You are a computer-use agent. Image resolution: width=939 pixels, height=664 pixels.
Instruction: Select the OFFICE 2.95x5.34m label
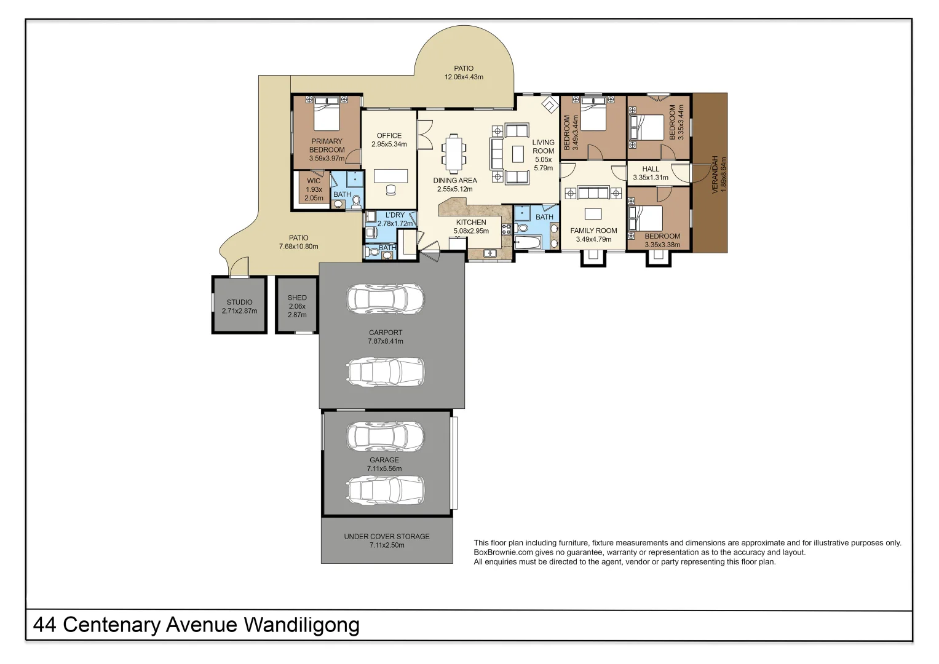[x=389, y=140]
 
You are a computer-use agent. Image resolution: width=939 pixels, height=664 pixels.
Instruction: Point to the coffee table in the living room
[x=518, y=154]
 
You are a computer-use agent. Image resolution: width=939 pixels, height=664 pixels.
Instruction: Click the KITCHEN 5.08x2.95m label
[x=471, y=226]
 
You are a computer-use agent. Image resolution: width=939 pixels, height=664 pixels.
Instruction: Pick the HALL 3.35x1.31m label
[x=651, y=173]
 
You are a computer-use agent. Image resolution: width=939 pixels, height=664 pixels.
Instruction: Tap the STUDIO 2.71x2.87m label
[x=239, y=306]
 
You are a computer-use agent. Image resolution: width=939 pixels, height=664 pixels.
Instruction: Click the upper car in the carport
[x=386, y=299]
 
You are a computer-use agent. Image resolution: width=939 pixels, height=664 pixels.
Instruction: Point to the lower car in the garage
[x=386, y=490]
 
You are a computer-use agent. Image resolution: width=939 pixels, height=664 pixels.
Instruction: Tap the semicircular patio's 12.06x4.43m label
[x=464, y=77]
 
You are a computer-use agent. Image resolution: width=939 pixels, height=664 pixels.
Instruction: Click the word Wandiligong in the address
[x=301, y=625]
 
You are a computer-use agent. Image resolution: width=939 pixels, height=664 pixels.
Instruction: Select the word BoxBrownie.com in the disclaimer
[x=502, y=552]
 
